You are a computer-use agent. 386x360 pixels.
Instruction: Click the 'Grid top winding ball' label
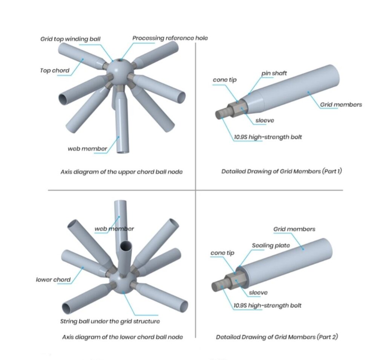(x=70, y=39)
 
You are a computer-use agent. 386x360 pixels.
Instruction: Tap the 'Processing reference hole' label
(x=170, y=38)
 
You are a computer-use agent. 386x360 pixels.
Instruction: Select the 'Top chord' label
(x=55, y=71)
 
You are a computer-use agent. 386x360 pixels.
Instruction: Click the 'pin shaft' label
(x=274, y=73)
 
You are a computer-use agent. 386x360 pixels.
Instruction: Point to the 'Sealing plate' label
(x=271, y=245)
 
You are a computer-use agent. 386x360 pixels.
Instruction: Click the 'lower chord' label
(x=53, y=280)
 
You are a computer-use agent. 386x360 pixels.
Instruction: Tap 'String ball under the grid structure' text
(x=110, y=321)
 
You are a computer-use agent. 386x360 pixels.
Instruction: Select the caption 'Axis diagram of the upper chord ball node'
(x=122, y=172)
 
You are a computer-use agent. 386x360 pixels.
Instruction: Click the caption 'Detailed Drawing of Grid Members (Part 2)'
(x=277, y=337)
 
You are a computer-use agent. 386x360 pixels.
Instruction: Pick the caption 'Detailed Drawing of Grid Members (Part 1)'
(x=282, y=171)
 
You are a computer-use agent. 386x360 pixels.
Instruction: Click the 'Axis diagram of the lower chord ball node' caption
(x=123, y=337)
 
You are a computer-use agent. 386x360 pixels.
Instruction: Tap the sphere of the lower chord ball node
(x=123, y=283)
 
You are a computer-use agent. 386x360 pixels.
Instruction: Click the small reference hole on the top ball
(x=120, y=60)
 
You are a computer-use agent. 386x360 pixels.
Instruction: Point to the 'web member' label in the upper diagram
(x=87, y=149)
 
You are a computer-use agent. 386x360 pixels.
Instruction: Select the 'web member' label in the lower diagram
(x=114, y=229)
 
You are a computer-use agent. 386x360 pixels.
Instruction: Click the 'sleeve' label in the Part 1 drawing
(x=265, y=120)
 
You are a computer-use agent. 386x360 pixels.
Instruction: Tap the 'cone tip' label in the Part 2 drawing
(x=222, y=253)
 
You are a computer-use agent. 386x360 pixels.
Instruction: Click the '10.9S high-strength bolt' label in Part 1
(x=268, y=137)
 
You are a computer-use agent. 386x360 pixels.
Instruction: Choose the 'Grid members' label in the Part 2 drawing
(x=294, y=229)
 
